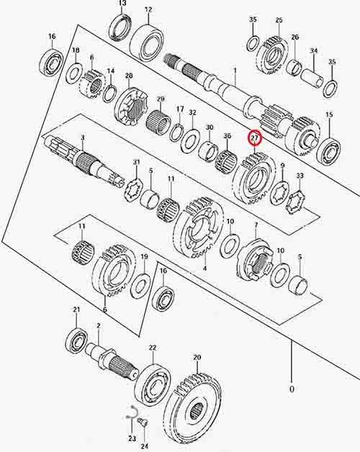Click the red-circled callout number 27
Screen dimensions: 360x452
point(254,138)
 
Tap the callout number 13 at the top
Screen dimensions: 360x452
point(122,3)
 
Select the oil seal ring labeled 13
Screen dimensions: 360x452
point(121,27)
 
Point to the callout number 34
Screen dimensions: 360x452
point(314,50)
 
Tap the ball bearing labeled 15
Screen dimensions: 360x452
point(329,149)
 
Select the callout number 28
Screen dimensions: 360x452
point(129,76)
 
